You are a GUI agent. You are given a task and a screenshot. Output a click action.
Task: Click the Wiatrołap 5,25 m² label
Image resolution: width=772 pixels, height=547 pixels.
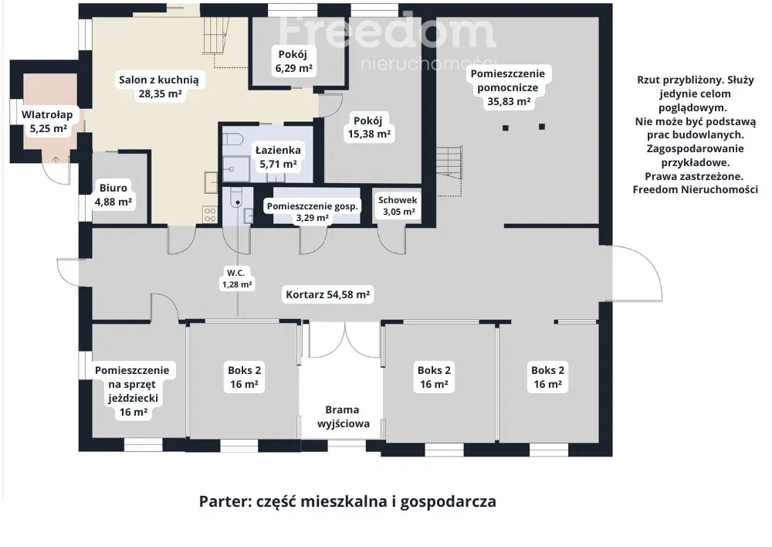(47, 122)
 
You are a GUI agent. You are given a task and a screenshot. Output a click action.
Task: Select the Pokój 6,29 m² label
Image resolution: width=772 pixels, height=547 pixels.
(294, 61)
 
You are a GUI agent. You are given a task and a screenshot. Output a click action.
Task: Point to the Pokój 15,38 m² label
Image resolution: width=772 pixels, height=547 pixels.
(369, 127)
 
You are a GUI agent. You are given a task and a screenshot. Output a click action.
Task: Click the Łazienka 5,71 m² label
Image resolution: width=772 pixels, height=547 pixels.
(278, 157)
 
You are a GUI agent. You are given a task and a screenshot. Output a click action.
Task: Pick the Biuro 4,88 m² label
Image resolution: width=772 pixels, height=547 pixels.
(113, 195)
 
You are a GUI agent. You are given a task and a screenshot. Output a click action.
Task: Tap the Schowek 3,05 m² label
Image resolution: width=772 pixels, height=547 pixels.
(398, 206)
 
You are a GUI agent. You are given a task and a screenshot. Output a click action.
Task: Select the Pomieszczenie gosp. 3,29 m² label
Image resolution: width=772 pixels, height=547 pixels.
(313, 212)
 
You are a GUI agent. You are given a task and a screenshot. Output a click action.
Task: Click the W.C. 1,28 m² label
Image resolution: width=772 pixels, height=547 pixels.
(237, 278)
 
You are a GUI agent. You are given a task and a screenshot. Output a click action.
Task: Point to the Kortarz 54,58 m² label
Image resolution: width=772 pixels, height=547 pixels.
(328, 294)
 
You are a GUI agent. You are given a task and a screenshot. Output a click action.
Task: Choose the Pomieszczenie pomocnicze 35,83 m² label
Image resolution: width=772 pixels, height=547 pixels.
(508, 88)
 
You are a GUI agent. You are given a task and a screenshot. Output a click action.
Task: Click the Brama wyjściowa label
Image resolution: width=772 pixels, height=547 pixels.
(344, 417)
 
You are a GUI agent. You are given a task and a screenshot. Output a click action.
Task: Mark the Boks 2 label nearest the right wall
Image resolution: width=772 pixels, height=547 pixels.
(547, 377)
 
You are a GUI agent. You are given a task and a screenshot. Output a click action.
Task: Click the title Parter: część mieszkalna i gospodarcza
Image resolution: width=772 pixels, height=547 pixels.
(347, 501)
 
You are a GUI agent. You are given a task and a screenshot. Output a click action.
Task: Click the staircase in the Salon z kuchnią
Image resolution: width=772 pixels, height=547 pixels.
(217, 42)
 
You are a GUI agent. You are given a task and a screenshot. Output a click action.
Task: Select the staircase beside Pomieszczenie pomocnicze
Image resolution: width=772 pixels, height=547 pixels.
(449, 170)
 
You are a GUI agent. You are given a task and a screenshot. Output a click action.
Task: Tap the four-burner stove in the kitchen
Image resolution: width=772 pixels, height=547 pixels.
(210, 215)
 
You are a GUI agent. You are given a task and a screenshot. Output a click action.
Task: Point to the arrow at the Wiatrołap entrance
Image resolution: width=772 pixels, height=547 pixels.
(56, 160)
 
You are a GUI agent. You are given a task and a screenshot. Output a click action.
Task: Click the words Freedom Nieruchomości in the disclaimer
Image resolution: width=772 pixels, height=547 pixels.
(696, 190)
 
